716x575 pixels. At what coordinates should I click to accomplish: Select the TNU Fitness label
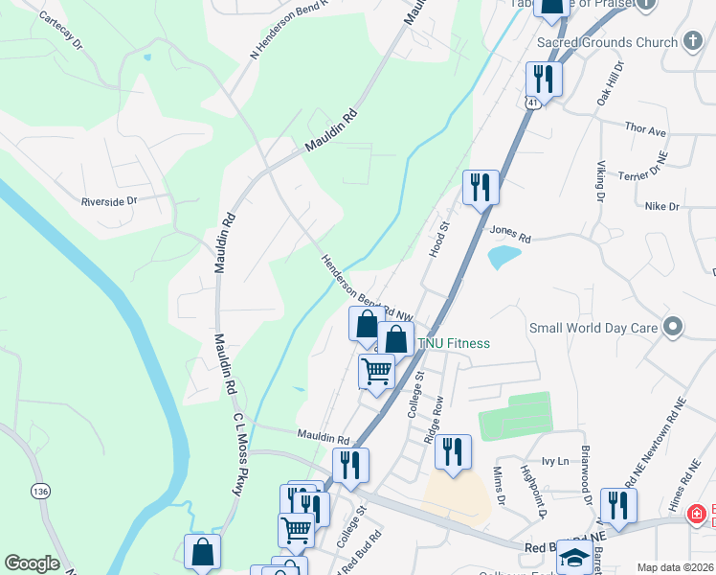point(453,343)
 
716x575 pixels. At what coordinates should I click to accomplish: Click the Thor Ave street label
point(644,129)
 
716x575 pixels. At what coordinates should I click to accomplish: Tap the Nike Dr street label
point(661,206)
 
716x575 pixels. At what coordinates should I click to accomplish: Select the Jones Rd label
point(509,232)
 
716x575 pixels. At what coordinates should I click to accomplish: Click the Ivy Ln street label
point(555,461)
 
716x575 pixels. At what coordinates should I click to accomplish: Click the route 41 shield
point(528,102)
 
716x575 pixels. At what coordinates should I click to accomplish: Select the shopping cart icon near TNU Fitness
point(377,370)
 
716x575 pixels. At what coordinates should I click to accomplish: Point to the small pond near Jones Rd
point(503,257)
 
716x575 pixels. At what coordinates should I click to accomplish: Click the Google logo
point(32,563)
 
